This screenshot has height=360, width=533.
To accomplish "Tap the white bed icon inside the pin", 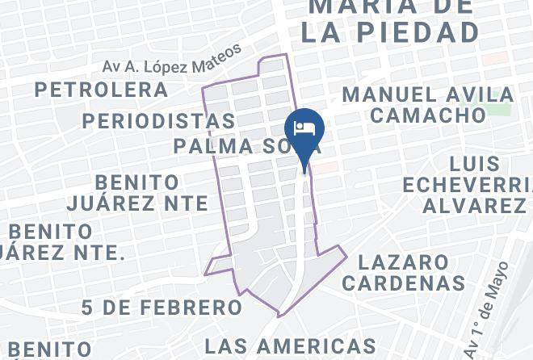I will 304,128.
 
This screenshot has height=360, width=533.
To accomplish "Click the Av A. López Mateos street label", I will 172,61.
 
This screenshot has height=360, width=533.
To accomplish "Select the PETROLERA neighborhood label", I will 101,90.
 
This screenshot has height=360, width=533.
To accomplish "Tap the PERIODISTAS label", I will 158,121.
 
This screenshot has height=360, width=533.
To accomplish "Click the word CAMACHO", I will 428,115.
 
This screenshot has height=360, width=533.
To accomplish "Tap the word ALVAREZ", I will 474,206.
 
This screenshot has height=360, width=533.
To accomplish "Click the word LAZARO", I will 404,262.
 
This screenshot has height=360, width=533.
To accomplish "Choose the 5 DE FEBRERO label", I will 162,308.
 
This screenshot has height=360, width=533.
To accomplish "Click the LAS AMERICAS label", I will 290,347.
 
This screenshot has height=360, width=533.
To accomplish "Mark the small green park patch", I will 501,109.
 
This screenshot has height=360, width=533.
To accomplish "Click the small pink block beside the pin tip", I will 325,166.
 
